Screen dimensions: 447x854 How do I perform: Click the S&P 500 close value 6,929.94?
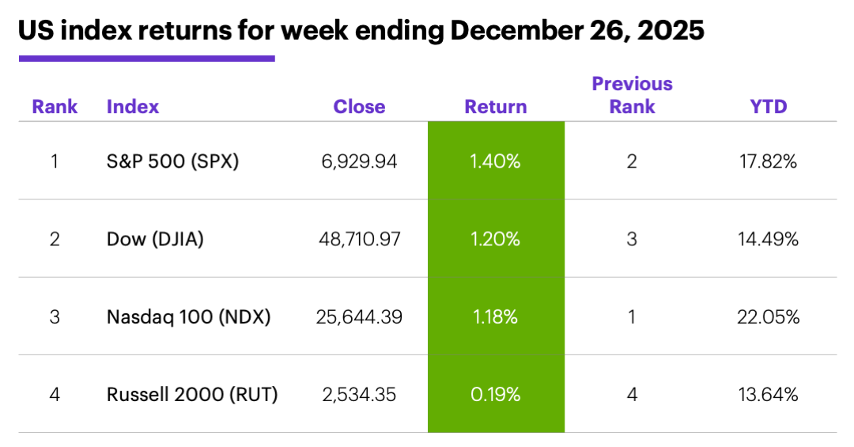[359, 162]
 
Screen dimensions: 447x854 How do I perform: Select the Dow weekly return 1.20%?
[496, 239]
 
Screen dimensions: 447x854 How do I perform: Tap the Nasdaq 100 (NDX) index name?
[188, 317]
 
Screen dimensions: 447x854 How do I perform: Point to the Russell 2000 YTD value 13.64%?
[768, 394]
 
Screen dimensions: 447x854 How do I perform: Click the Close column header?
[359, 107]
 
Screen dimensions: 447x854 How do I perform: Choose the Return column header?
[496, 107]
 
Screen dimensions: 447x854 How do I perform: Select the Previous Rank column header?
[632, 95]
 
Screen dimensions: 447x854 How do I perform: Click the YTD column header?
[769, 107]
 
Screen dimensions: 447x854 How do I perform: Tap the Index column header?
[133, 107]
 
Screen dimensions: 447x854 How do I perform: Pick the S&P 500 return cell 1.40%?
[496, 162]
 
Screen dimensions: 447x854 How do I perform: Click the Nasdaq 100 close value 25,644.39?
[358, 317]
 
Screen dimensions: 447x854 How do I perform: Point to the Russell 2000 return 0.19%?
[496, 394]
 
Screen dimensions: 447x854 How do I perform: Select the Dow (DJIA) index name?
[155, 239]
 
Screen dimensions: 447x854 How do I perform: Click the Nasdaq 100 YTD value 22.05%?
[768, 317]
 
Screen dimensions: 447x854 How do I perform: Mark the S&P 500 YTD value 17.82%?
[768, 162]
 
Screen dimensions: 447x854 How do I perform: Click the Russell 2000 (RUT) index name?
[192, 394]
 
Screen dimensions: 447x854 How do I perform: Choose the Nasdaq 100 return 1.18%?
[496, 317]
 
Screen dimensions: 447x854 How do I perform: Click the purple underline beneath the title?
[146, 58]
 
